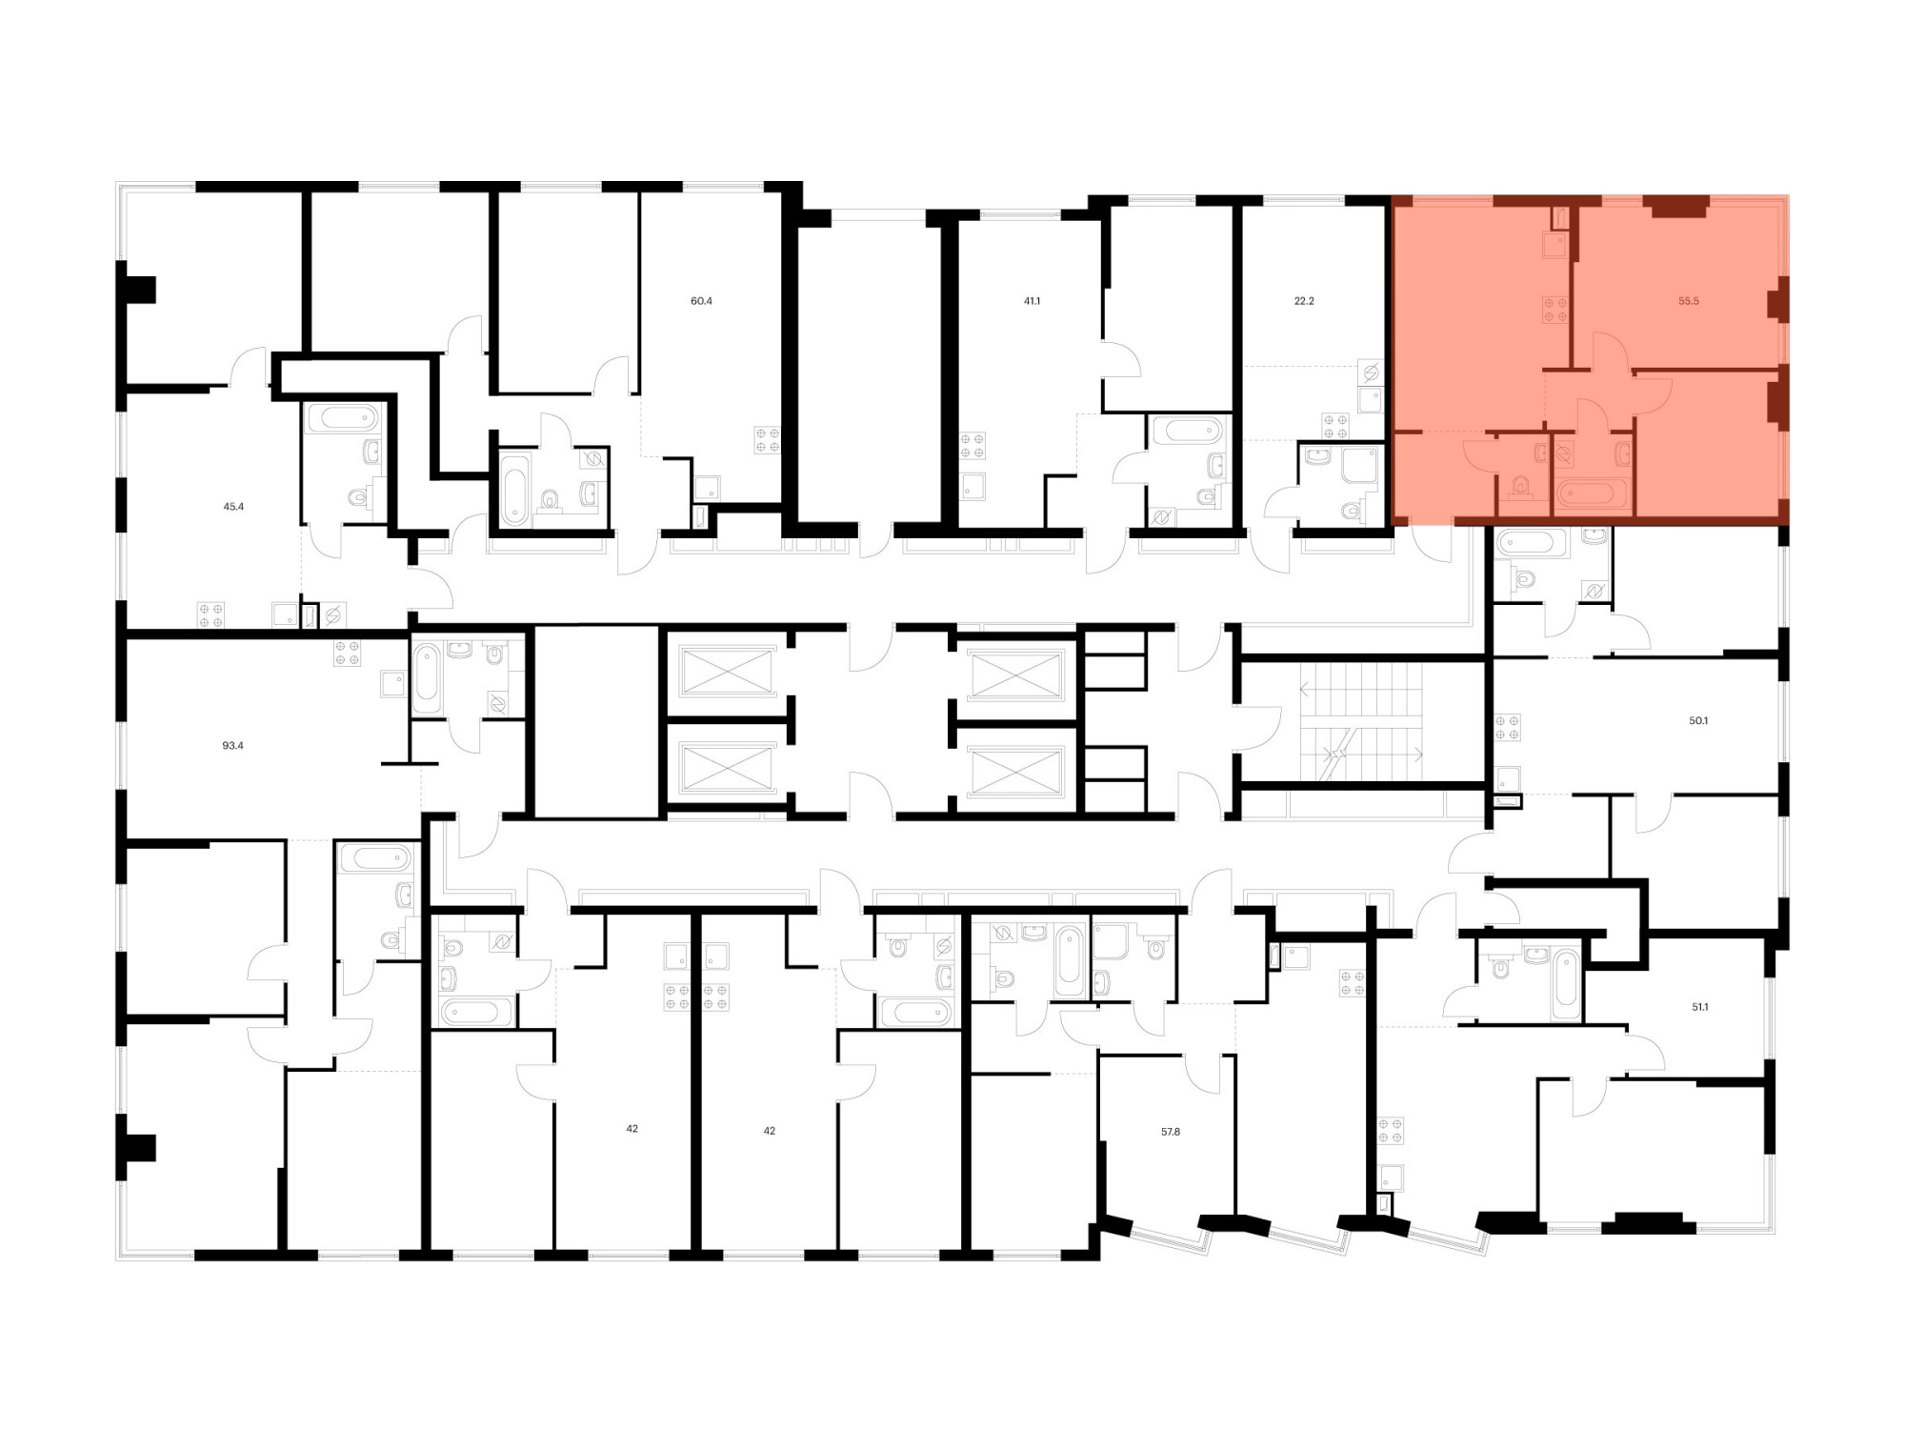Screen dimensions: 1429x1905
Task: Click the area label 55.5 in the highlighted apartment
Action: (1688, 301)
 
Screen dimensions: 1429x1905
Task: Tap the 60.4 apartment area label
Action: (701, 301)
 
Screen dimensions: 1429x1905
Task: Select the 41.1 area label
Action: (1032, 301)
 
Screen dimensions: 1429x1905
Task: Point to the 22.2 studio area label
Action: (1304, 301)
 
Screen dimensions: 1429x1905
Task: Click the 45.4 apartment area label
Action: (233, 507)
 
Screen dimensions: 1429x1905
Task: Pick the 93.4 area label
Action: (232, 746)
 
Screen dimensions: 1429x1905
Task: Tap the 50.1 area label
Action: (1698, 721)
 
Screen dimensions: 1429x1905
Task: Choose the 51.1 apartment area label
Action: (1699, 1007)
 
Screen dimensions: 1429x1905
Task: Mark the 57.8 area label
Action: (1171, 1132)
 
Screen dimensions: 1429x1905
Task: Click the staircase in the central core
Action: (1362, 721)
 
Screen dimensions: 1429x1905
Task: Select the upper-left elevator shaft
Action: (728, 672)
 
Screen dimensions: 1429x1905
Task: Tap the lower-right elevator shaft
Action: (1016, 770)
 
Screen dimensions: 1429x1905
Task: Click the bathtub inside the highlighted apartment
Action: (1594, 494)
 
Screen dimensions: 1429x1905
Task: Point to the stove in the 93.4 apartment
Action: (347, 654)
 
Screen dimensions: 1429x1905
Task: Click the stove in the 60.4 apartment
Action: (768, 439)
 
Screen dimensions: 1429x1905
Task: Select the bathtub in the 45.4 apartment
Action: (344, 418)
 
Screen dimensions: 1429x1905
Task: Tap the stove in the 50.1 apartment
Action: (1507, 728)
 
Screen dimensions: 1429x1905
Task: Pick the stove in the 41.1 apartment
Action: (973, 446)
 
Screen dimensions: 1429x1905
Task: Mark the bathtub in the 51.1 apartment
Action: (1566, 983)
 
